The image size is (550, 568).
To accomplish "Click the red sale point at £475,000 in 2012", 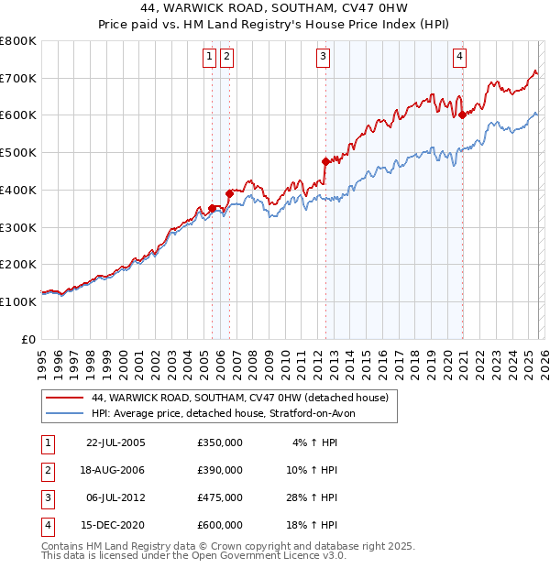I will point(325,161).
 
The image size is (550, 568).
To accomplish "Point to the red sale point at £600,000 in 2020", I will point(463,115).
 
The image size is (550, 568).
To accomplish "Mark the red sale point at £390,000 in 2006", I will point(229,193).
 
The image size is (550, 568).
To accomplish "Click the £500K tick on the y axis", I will point(18,153).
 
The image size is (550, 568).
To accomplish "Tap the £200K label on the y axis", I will point(18,265).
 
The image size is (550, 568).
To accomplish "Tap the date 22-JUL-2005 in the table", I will point(115,442).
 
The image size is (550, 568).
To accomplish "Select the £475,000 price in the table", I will point(220,497).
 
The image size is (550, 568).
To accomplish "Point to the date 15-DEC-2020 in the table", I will point(115,525).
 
